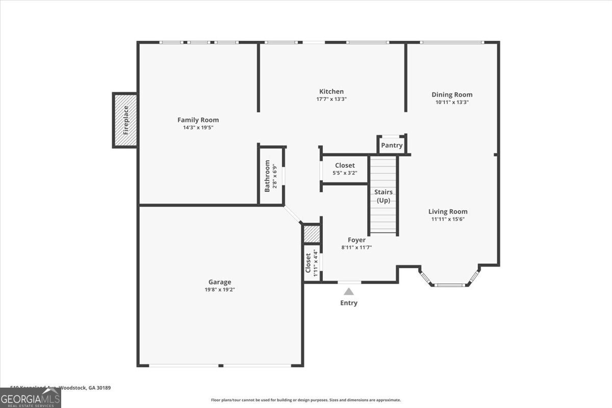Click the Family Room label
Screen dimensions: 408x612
(198, 120)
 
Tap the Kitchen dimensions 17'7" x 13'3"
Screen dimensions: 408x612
(331, 99)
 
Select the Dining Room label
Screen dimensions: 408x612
(452, 94)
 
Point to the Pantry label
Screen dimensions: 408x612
(392, 145)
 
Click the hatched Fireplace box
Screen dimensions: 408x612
(125, 120)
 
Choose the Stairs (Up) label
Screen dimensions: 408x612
(384, 196)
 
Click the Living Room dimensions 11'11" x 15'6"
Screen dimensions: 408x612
(448, 219)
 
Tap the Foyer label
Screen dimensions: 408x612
(356, 240)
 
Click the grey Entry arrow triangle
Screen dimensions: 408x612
(349, 292)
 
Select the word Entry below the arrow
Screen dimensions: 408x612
(349, 303)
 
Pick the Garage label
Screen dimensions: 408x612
(220, 282)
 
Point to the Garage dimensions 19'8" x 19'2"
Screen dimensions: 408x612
(220, 290)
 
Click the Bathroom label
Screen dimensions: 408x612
(267, 176)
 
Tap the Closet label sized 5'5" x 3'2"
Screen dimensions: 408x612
(345, 166)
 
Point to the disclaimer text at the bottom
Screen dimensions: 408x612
(306, 400)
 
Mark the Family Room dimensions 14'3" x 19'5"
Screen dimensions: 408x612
(198, 127)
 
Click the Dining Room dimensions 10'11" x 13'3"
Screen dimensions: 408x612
(452, 102)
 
